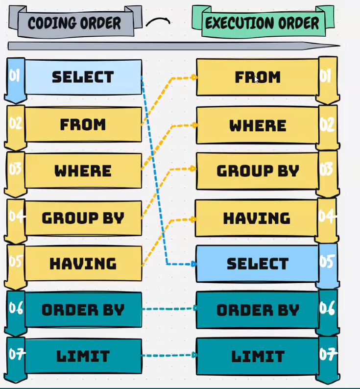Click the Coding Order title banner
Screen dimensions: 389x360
tap(74, 23)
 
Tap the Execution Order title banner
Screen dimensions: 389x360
tap(262, 23)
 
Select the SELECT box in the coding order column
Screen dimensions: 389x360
tap(83, 77)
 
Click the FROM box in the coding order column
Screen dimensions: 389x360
tap(83, 124)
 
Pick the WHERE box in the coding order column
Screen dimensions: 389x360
tap(83, 170)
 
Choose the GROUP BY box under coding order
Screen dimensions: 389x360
tap(83, 217)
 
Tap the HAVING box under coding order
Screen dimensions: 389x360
tap(83, 264)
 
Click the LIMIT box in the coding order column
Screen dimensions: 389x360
tap(83, 356)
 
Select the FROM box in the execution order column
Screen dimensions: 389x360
tap(257, 77)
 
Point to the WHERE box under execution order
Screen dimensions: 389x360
tap(257, 125)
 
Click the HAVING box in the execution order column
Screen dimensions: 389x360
tap(257, 218)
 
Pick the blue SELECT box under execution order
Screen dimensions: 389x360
tap(257, 264)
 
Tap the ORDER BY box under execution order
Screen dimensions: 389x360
tap(257, 310)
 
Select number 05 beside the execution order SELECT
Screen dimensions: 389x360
tap(327, 262)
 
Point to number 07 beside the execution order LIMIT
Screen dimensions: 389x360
tap(327, 354)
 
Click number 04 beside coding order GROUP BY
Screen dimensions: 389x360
tap(15, 216)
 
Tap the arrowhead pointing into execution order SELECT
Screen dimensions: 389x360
tap(194, 264)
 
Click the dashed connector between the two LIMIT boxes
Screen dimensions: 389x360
tap(169, 356)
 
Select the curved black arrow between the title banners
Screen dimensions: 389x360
tap(158, 22)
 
